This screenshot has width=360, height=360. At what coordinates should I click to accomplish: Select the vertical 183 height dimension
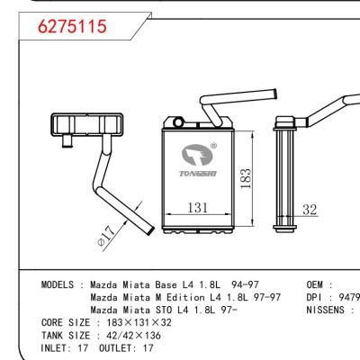[x=246, y=176]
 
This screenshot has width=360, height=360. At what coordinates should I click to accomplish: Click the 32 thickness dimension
[x=310, y=209]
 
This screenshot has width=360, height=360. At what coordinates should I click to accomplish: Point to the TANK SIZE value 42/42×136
[x=135, y=333]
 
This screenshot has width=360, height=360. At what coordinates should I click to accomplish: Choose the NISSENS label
[x=325, y=309]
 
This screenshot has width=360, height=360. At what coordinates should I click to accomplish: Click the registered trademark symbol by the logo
[x=212, y=146]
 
